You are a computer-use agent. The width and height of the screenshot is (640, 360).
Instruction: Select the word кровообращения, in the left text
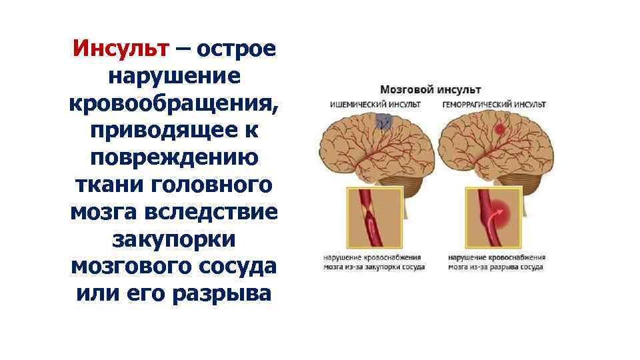coord(173,104)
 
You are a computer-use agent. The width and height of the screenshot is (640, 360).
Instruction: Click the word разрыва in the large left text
coord(221,292)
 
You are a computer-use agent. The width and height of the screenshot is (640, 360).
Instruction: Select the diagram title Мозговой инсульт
coord(431,89)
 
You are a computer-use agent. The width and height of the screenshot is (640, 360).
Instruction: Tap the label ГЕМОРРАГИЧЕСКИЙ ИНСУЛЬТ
coord(493,105)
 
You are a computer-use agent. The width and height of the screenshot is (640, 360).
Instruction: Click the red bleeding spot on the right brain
coord(498,129)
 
